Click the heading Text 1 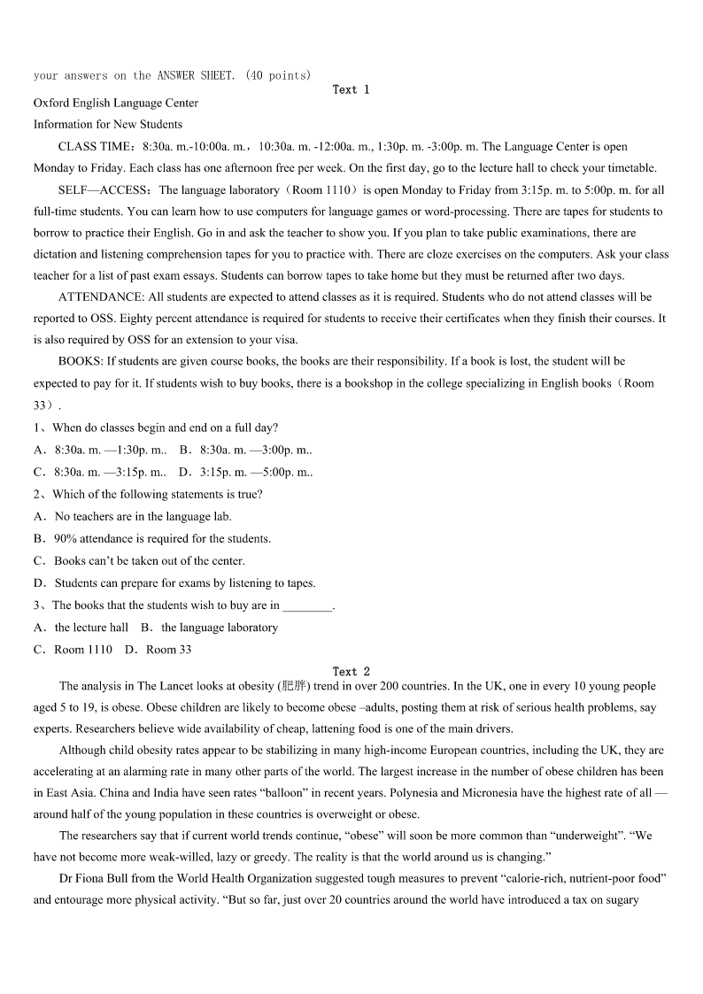pos(351,89)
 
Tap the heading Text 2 pos(351,672)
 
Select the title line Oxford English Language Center pos(116,103)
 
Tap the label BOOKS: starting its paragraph pos(81,361)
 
